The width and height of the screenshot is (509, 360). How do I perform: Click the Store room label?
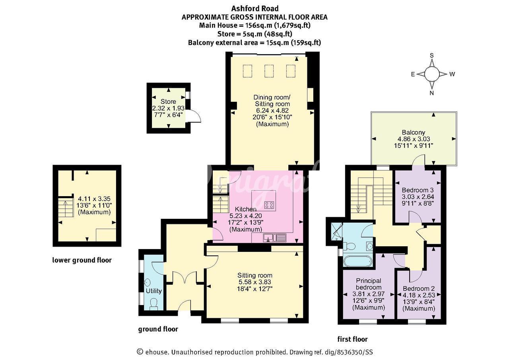tap(168, 101)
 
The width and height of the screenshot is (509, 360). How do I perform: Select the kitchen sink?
tap(274, 238)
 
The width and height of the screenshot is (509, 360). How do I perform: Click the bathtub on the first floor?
tap(358, 261)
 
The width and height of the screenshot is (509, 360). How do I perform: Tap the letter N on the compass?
tap(432, 93)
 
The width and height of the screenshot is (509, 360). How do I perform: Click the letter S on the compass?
tap(432, 55)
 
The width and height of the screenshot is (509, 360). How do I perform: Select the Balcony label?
tap(413, 132)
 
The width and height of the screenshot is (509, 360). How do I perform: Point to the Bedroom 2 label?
tap(419, 288)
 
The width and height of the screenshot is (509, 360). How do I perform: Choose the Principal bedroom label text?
tap(369, 284)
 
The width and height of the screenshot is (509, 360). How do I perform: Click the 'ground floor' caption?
tap(158, 329)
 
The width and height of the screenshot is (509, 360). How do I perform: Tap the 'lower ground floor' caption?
tap(82, 260)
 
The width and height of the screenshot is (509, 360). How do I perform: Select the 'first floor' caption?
tap(352, 339)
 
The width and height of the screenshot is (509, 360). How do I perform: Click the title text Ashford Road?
tap(255, 9)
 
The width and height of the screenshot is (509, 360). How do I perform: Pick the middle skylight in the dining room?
tap(269, 71)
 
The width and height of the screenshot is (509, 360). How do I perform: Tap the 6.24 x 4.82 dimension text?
tap(272, 111)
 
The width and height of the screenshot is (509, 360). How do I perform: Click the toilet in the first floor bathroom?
tap(349, 246)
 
